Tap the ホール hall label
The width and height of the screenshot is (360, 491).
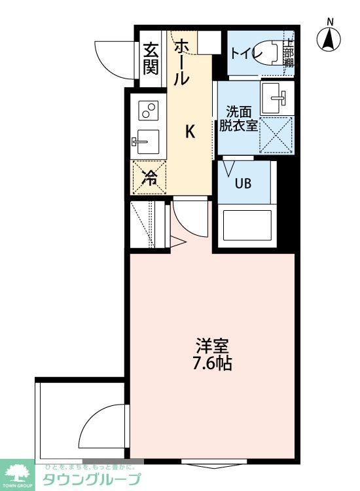(x=182, y=62)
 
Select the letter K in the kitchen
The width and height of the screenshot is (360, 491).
(x=189, y=132)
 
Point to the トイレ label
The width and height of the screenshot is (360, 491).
(x=245, y=52)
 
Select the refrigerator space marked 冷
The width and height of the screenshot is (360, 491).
(x=150, y=177)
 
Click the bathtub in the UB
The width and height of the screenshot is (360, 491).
(x=245, y=225)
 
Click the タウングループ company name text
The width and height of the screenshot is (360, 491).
(x=91, y=480)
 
